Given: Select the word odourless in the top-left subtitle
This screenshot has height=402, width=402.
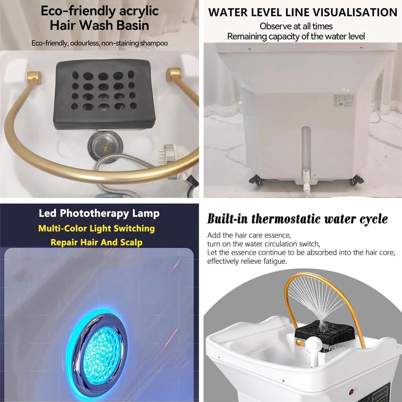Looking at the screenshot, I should tap(85, 43).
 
